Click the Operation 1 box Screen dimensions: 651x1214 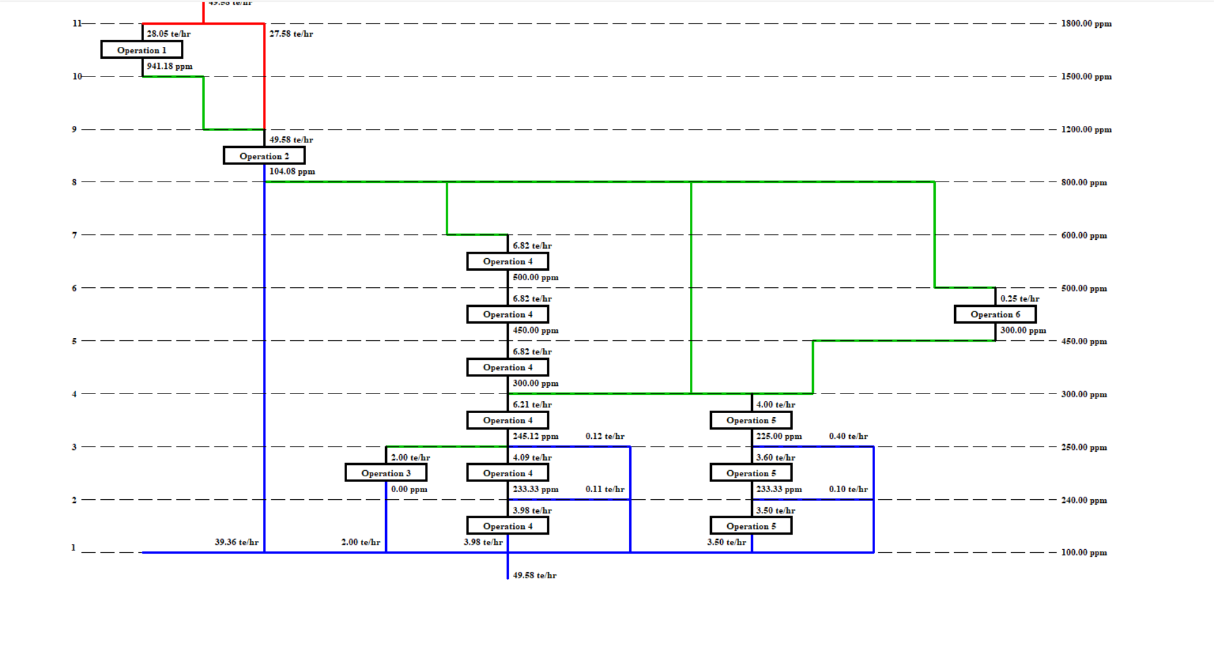tap(142, 50)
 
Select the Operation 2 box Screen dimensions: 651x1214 tap(264, 156)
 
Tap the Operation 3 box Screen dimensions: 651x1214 tap(386, 473)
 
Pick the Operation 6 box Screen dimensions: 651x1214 tap(995, 314)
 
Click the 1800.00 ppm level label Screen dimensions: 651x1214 tap(1086, 24)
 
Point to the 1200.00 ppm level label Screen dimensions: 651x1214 tap(1086, 130)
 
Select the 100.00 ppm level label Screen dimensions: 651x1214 tap(1084, 552)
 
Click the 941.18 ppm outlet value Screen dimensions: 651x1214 tap(169, 66)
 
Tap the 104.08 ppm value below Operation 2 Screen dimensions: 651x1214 tap(292, 171)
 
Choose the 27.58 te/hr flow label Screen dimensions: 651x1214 tap(291, 34)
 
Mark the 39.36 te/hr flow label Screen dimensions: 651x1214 tap(236, 542)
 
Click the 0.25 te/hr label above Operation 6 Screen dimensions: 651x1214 tap(1019, 299)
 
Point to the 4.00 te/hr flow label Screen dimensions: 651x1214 tap(776, 404)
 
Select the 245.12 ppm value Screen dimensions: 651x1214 tap(536, 437)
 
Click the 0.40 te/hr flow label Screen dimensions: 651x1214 tap(849, 437)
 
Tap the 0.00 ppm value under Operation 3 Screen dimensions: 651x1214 tap(409, 489)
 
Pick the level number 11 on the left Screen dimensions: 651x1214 tap(77, 23)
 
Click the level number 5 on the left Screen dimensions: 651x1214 tap(74, 341)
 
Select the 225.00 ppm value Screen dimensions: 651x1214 tap(779, 437)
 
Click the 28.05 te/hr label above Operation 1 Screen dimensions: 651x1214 tap(169, 34)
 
